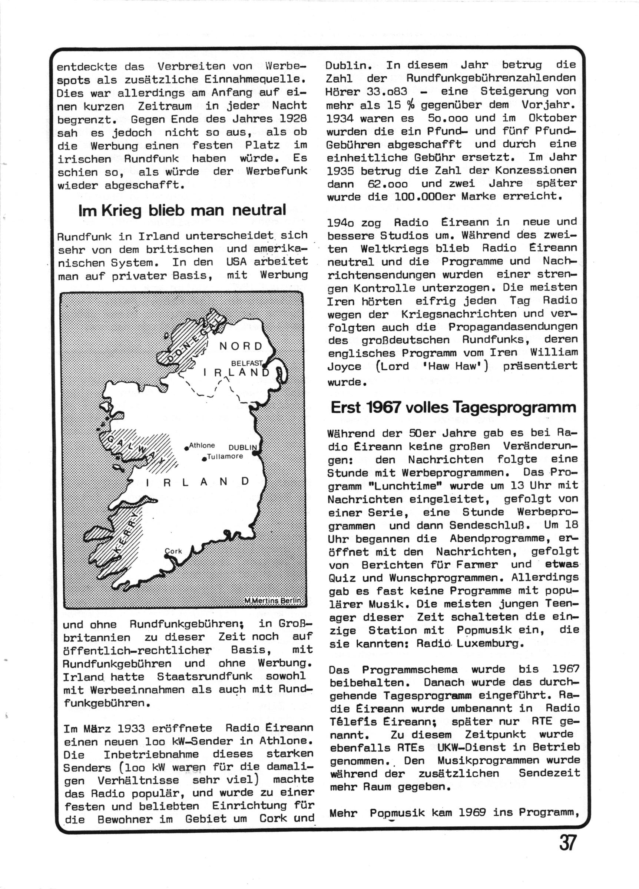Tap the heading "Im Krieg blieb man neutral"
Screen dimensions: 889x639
pyautogui.click(x=182, y=210)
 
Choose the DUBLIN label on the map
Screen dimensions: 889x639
pyautogui.click(x=242, y=447)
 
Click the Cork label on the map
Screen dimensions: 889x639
pyautogui.click(x=173, y=551)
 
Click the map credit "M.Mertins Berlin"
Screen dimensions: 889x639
pyautogui.click(x=273, y=600)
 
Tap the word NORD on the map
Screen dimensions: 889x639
pyautogui.click(x=241, y=346)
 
